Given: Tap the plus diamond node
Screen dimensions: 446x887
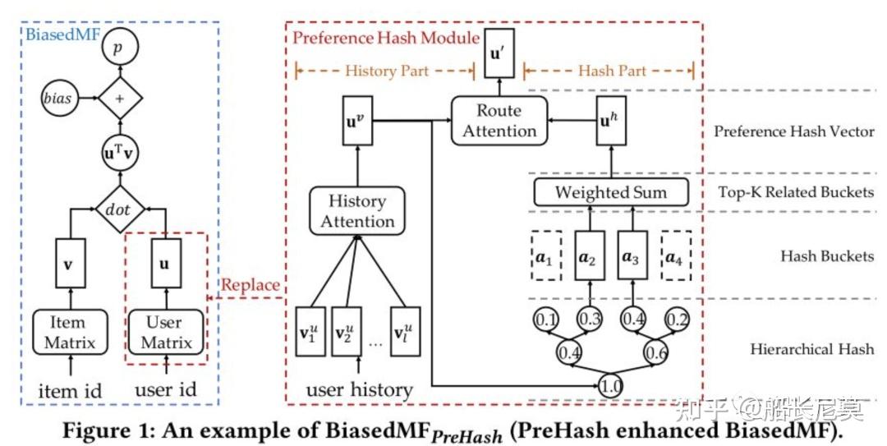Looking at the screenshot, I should (120, 99).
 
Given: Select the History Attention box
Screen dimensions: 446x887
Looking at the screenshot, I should (357, 211).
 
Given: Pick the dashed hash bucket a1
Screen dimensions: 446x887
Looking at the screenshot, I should (545, 256).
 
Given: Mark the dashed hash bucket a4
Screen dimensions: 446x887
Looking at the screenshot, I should (676, 256).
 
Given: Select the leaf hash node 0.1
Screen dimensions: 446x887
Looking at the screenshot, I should (545, 318).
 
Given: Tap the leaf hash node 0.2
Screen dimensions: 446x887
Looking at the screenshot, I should (677, 318).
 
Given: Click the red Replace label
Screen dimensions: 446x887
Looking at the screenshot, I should (250, 287).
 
